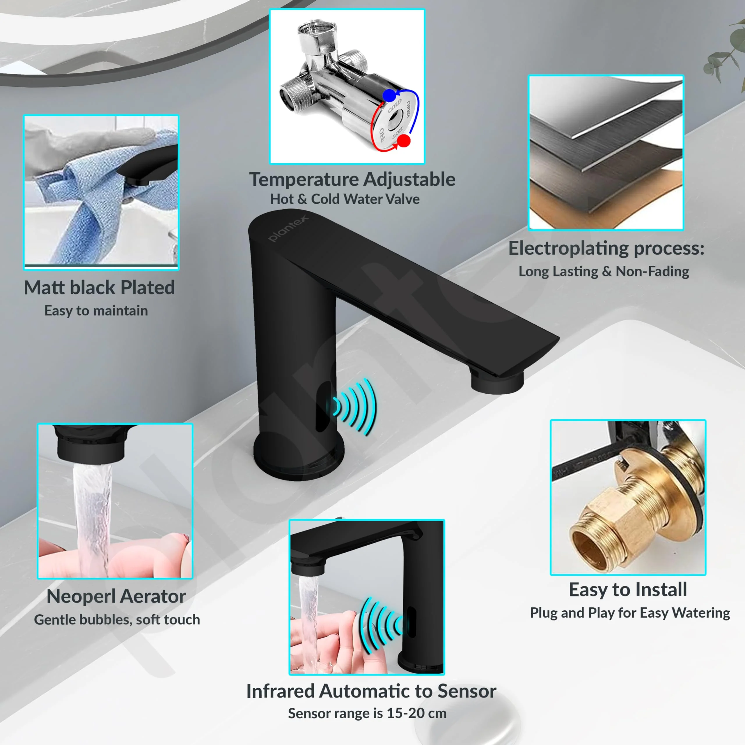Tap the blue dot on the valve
(389, 95)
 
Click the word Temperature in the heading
(304, 180)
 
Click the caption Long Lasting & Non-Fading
(604, 272)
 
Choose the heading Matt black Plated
(99, 288)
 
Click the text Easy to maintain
(96, 311)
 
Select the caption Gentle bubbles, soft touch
(117, 620)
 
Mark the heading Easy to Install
(628, 590)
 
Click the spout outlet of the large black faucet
(497, 382)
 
